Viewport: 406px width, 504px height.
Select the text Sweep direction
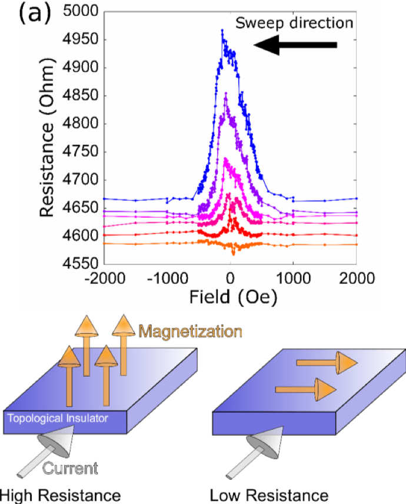point(294,23)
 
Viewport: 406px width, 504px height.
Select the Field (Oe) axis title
point(233,297)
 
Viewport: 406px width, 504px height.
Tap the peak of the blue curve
point(222,30)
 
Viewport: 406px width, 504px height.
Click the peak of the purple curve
point(225,92)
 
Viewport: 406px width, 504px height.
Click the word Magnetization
point(191,331)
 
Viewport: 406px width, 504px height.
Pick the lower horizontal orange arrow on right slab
point(305,389)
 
